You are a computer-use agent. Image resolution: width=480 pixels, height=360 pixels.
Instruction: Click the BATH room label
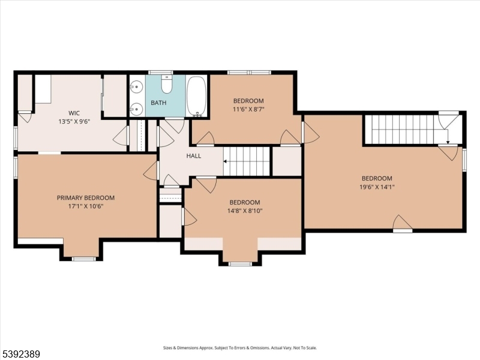point(158,103)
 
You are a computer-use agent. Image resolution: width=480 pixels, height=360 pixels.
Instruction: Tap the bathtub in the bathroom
point(197,96)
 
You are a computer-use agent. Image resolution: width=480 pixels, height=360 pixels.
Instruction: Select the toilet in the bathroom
point(167,86)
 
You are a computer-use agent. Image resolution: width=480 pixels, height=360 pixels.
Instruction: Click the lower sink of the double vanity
point(137,109)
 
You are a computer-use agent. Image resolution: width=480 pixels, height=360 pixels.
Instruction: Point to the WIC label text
point(74,113)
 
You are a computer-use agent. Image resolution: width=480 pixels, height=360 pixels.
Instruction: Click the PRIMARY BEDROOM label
point(85,197)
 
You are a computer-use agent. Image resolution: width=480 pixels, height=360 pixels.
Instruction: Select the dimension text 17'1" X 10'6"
point(85,206)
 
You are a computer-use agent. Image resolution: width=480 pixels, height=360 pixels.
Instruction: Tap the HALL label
point(193,156)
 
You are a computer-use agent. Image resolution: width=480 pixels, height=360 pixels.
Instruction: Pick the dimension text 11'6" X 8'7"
point(248,110)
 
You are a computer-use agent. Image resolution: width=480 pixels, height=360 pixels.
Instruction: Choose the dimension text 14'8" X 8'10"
point(245,211)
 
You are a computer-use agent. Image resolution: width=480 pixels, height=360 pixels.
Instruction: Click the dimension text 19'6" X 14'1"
point(377,187)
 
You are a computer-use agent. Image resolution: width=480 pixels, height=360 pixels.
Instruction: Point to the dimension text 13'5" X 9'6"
point(74,121)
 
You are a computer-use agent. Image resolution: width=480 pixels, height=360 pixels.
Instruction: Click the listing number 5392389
point(21,354)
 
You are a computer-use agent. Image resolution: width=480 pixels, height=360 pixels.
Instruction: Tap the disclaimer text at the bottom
point(240,347)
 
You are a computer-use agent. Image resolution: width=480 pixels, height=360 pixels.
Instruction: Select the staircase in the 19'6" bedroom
point(399,129)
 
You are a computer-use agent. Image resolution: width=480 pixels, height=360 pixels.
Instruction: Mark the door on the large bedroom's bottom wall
point(402,224)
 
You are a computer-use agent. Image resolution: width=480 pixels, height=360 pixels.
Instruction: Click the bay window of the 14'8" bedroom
point(240,263)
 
